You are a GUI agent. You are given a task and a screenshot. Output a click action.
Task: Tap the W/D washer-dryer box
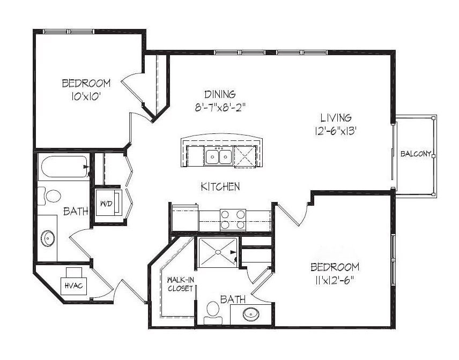coord(109,202)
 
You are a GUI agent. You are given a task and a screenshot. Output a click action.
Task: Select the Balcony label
coord(416,154)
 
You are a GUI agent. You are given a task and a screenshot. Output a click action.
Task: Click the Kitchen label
coord(220,186)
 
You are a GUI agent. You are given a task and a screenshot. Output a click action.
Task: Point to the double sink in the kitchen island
coord(219,156)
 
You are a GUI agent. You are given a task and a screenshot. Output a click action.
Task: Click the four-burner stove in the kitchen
coord(233,219)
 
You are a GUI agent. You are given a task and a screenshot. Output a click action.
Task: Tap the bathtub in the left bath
coord(65,167)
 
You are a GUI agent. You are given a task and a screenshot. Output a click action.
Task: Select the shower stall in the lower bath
coord(218,252)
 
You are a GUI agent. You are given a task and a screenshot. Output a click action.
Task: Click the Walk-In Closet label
coord(180,284)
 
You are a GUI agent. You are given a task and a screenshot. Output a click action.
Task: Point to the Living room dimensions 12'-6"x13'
coord(335,131)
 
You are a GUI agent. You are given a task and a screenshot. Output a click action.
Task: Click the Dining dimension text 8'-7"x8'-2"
coord(219,108)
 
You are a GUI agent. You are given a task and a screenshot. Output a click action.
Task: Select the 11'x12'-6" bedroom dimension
coord(335,281)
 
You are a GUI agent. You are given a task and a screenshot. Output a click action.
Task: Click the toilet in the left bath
coord(49,196)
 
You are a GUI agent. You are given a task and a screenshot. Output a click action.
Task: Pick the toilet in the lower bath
coord(213,313)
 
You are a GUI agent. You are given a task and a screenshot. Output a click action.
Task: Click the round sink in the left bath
coord(48,238)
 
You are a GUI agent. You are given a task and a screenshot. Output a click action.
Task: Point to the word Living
coord(336,117)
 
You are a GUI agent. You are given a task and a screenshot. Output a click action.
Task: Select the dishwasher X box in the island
coord(245,157)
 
